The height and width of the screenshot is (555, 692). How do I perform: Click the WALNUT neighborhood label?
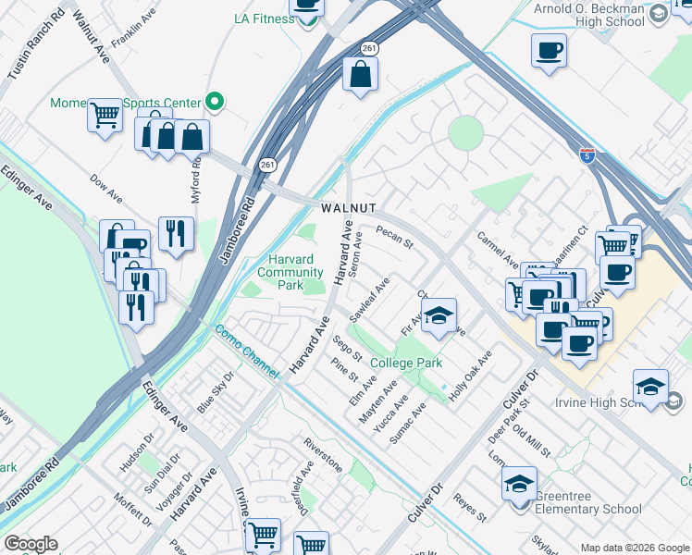(x=349, y=209)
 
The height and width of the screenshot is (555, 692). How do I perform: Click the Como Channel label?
(x=246, y=351)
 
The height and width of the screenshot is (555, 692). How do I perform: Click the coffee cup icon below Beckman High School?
(x=549, y=50)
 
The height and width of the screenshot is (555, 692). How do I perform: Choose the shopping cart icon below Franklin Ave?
(x=105, y=116)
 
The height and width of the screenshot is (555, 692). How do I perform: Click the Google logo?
(x=31, y=544)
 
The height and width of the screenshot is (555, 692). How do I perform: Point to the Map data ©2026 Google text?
(x=634, y=548)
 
